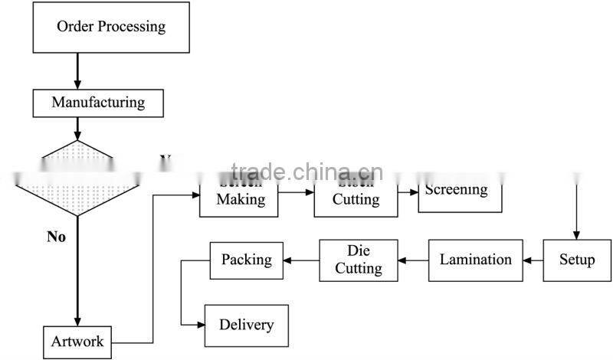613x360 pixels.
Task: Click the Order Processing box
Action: click(x=111, y=28)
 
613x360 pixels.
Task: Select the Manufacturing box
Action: click(x=97, y=102)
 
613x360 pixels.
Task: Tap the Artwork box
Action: click(x=77, y=341)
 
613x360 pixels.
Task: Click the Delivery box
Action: click(x=246, y=325)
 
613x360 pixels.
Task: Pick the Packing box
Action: click(x=246, y=260)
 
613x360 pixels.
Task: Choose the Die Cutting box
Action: click(x=358, y=260)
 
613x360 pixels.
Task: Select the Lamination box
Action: click(x=475, y=260)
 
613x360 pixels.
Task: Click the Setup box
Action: click(x=577, y=260)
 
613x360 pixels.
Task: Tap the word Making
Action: click(x=241, y=199)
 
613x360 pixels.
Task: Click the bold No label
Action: click(x=56, y=237)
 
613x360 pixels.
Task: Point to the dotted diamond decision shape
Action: click(x=77, y=178)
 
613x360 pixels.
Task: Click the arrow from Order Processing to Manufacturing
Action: click(x=77, y=71)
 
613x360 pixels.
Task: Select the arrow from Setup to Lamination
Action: click(x=533, y=260)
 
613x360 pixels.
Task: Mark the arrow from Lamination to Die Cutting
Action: click(x=413, y=260)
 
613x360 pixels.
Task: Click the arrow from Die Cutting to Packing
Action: click(x=301, y=260)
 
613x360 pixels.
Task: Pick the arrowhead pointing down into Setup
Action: click(x=577, y=235)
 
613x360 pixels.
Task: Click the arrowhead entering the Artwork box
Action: click(x=77, y=322)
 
